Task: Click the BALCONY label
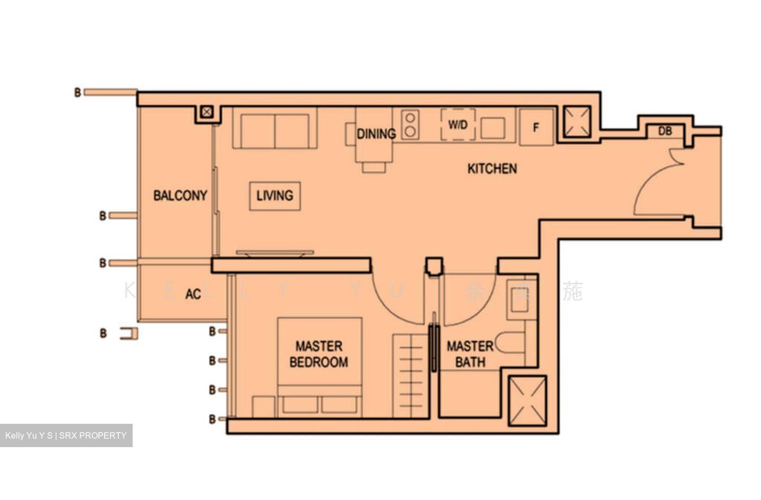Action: (x=180, y=196)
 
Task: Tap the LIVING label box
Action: (x=275, y=196)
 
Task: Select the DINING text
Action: (x=376, y=134)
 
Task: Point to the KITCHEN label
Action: (x=492, y=169)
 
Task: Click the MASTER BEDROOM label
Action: (x=319, y=354)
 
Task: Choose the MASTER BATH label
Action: (x=470, y=354)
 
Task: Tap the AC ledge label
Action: (x=193, y=294)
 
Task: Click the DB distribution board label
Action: (x=665, y=131)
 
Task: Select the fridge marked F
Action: (x=536, y=127)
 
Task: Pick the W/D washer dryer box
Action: (x=458, y=125)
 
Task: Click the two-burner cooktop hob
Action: (x=410, y=125)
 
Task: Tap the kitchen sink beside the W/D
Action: (x=493, y=128)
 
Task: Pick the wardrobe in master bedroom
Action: (x=410, y=376)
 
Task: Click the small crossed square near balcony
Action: (x=207, y=112)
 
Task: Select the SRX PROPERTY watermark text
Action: (x=66, y=435)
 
